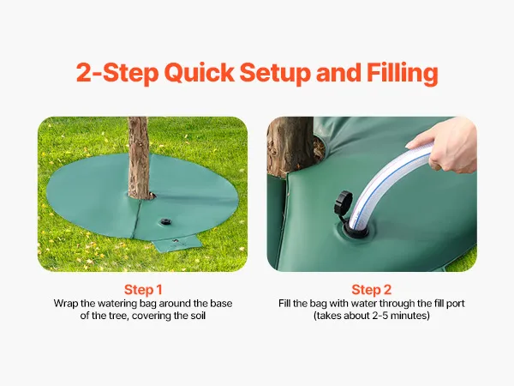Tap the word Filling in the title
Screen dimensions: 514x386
click(403, 73)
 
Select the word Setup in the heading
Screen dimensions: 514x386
click(275, 73)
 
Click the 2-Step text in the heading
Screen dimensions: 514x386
click(117, 73)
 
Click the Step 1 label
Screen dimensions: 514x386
click(143, 290)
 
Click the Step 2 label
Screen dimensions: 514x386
click(372, 290)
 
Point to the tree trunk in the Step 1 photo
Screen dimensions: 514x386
click(139, 158)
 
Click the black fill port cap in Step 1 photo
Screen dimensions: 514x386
click(165, 222)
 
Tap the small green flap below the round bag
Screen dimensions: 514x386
click(177, 244)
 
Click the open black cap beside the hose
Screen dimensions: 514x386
click(343, 203)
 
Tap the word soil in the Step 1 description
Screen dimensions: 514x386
click(198, 316)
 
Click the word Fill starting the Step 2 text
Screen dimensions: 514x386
click(285, 303)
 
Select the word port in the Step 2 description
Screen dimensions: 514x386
click(456, 304)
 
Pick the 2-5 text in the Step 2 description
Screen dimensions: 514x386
click(382, 316)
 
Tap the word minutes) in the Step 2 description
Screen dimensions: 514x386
click(412, 316)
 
